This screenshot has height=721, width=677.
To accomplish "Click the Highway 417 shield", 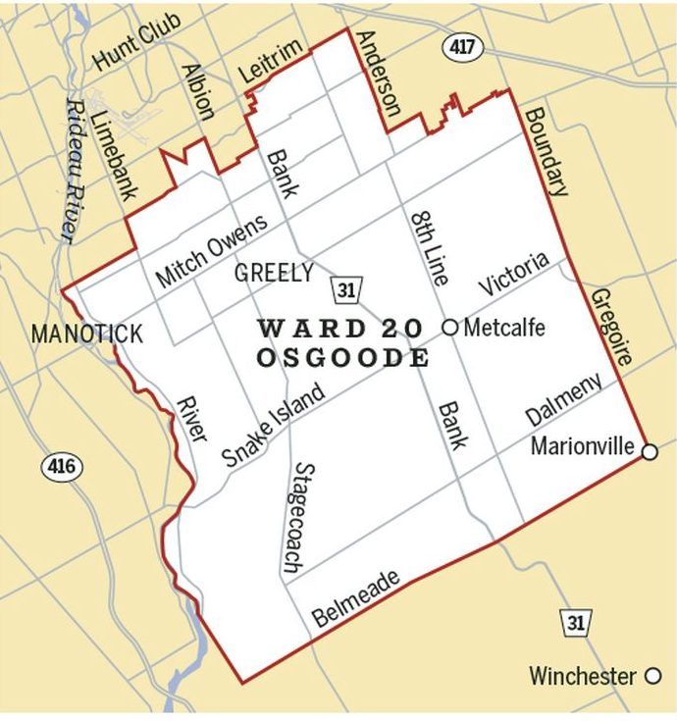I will click(460, 45).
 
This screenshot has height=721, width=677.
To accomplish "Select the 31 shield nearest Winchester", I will click(575, 622).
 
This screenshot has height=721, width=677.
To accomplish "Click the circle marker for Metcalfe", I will click(449, 328).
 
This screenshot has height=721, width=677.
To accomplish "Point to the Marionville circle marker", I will click(649, 451).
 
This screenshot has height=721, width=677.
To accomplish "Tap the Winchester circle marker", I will click(652, 676).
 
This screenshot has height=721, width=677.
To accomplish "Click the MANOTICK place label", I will click(86, 334).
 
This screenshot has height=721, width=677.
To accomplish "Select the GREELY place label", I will click(274, 273).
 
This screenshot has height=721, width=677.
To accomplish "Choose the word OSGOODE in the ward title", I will click(342, 358).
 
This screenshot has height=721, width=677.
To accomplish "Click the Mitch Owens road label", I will click(210, 252).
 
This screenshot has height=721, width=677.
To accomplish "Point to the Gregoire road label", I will click(609, 327).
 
